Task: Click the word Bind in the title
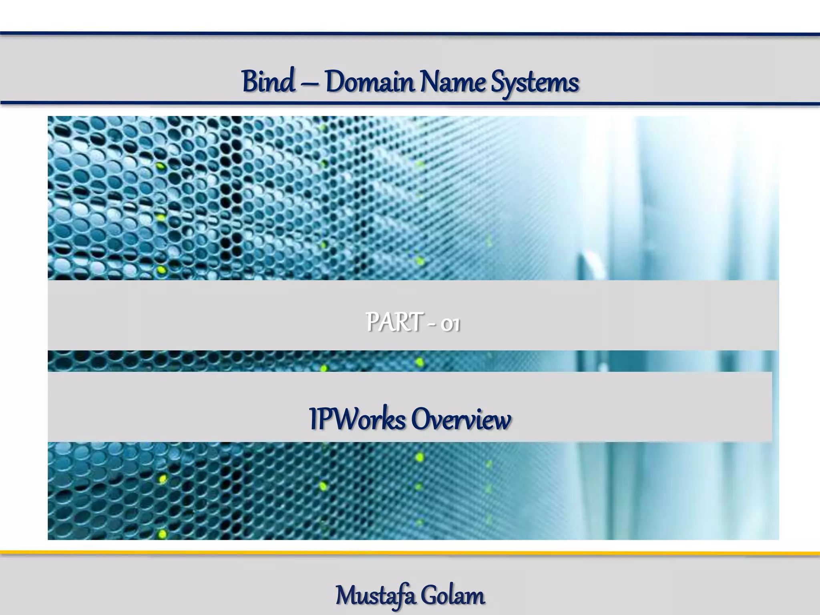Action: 268,81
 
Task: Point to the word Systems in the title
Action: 535,83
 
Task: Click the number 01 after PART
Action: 450,324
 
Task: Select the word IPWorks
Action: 358,420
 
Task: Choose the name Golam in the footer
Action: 453,595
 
